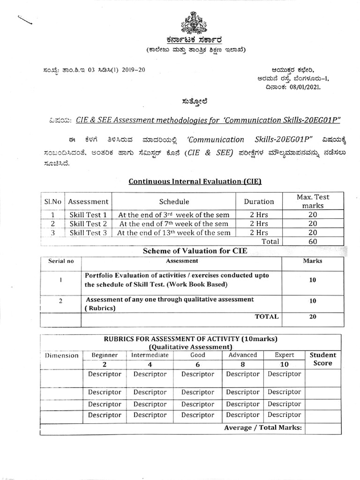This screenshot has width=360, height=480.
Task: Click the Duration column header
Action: [259, 202]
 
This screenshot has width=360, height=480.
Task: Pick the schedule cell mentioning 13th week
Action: [173, 232]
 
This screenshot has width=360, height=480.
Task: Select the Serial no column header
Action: [61, 261]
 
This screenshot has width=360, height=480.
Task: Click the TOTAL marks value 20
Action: [313, 316]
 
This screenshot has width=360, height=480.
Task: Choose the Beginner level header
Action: [105, 355]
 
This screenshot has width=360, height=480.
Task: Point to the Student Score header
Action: [323, 359]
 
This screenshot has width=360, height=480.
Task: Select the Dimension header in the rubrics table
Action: [61, 355]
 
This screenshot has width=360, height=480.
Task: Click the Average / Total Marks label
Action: [263, 427]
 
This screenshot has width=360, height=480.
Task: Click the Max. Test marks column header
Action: [313, 202]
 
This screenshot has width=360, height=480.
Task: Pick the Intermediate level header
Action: [150, 355]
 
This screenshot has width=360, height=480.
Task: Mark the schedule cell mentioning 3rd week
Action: [173, 215]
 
